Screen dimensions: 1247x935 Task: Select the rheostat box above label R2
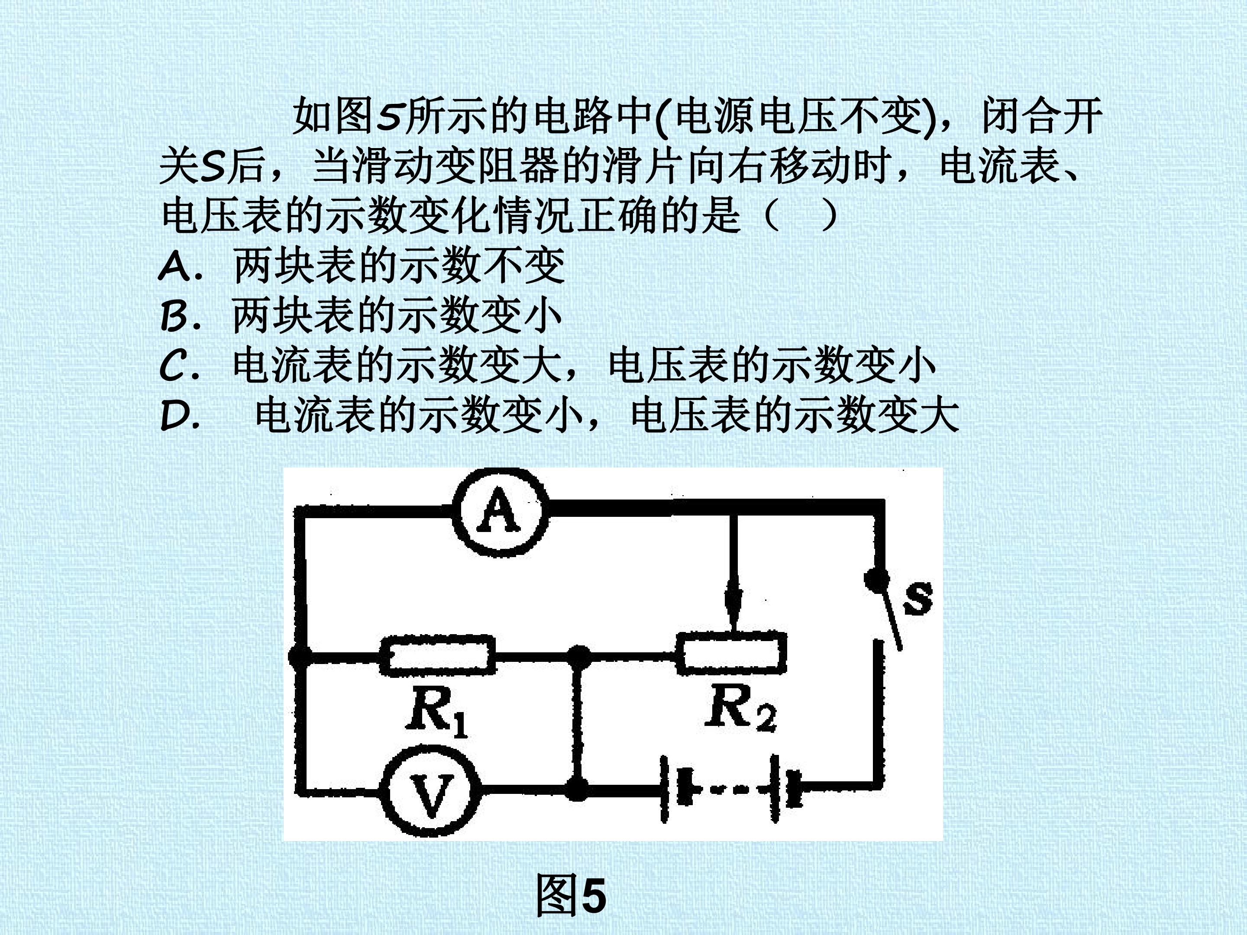point(732,653)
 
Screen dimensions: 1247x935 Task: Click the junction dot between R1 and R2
point(578,657)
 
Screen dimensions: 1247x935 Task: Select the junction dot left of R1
point(300,657)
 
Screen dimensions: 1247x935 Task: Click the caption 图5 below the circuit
point(571,896)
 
